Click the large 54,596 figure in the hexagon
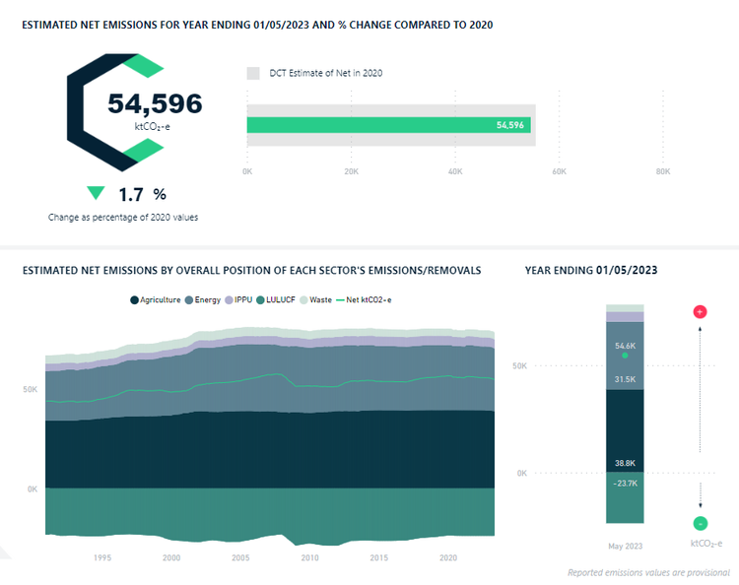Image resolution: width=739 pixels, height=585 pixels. [x=155, y=103]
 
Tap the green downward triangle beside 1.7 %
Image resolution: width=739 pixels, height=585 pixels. [x=96, y=193]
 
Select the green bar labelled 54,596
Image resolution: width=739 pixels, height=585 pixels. [x=388, y=125]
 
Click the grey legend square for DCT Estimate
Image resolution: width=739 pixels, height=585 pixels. [x=253, y=73]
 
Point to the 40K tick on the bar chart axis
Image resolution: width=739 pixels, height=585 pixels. [x=455, y=171]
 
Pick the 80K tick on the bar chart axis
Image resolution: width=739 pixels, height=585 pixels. [x=663, y=171]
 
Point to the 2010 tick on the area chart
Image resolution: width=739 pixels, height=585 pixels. [x=309, y=557]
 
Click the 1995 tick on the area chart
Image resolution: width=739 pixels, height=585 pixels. [x=102, y=557]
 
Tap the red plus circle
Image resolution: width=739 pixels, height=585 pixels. [x=700, y=312]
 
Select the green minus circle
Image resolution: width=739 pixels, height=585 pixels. [x=700, y=524]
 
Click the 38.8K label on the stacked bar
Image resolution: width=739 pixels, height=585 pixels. [x=625, y=462]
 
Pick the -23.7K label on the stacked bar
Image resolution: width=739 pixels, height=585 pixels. [x=625, y=484]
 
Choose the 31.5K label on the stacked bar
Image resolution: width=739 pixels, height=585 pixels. [x=625, y=379]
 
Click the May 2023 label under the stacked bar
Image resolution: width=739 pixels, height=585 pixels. [x=625, y=545]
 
